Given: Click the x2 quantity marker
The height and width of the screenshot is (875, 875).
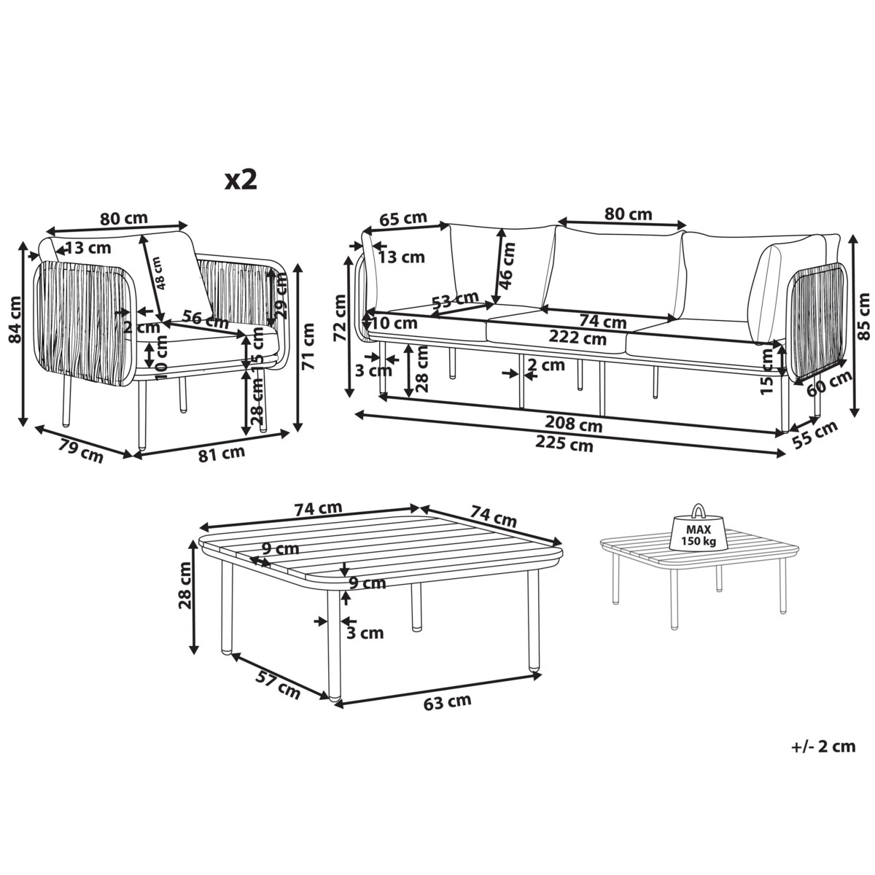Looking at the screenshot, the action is pyautogui.click(x=241, y=180).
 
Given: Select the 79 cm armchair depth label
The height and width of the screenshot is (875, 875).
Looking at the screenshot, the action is pyautogui.click(x=81, y=451).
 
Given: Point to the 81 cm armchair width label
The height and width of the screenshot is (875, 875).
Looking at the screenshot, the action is pyautogui.click(x=222, y=454).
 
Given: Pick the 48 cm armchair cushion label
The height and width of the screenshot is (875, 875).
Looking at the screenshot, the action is pyautogui.click(x=160, y=273).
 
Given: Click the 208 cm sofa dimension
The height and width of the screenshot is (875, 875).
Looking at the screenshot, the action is pyautogui.click(x=574, y=424).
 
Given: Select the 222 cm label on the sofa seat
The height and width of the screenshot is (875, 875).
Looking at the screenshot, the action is pyautogui.click(x=577, y=338).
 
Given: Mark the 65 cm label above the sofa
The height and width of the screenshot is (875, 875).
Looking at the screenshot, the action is pyautogui.click(x=403, y=218).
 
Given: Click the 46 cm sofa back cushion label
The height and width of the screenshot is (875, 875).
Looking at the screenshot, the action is pyautogui.click(x=507, y=265).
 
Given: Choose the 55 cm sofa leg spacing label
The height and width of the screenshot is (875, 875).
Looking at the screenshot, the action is pyautogui.click(x=815, y=435).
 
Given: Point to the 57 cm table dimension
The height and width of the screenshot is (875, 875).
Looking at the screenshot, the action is pyautogui.click(x=278, y=691).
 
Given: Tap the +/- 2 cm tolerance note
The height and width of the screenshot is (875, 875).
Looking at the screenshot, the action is pyautogui.click(x=823, y=747).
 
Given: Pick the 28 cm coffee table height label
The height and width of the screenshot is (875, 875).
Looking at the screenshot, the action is pyautogui.click(x=185, y=586).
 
